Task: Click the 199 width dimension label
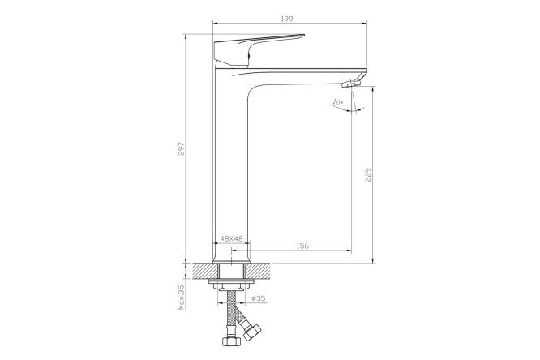(286, 19)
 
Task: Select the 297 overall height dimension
(182, 148)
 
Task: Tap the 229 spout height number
(368, 174)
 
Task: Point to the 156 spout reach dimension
(302, 246)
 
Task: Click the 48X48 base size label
(231, 238)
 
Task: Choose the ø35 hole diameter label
(259, 298)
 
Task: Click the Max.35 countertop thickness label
(182, 298)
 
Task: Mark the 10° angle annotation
(338, 102)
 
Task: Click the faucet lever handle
(259, 50)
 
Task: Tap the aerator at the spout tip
(350, 84)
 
